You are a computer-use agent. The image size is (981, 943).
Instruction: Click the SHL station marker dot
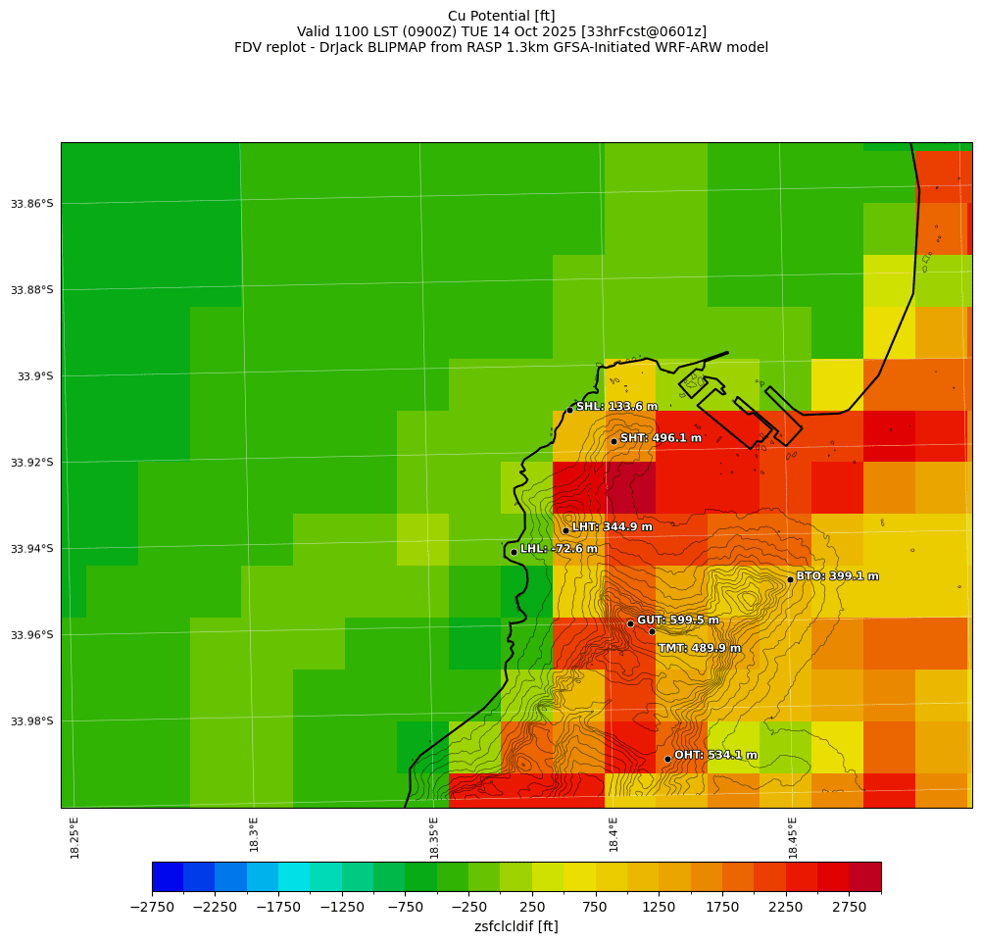click(569, 410)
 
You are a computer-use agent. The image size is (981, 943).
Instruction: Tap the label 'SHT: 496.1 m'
click(661, 438)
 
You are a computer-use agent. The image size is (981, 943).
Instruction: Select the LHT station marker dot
click(565, 530)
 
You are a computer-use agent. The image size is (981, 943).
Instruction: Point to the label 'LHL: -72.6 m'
click(559, 549)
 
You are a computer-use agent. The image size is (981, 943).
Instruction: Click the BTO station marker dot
click(790, 579)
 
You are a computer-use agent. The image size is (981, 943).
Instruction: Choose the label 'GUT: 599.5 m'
click(677, 620)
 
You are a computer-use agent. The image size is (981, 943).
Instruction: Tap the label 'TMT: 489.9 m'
click(699, 648)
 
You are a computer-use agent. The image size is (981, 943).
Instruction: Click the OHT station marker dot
click(667, 759)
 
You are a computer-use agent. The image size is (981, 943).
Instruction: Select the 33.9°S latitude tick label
click(35, 376)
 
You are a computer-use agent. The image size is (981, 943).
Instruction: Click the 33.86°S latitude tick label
click(32, 204)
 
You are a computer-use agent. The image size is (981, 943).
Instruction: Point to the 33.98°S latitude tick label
click(32, 721)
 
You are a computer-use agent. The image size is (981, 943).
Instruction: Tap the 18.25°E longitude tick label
click(75, 838)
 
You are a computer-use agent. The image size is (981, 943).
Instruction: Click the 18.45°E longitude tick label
click(793, 838)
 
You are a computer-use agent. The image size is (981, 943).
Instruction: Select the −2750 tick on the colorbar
click(152, 908)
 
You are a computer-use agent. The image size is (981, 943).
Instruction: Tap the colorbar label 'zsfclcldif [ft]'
click(515, 926)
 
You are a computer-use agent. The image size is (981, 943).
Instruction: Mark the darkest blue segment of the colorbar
click(168, 876)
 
